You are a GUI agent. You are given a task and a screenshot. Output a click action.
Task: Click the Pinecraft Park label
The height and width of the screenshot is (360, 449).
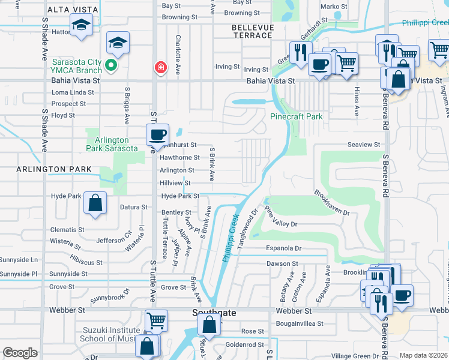coord(297,116)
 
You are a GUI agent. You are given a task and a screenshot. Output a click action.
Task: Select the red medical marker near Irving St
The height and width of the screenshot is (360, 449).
coord(160,67)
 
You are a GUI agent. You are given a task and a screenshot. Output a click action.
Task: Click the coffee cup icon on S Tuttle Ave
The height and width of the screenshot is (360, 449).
coord(158,134)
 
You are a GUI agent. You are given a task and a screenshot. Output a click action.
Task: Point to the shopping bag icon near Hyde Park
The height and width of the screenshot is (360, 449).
coord(95,203)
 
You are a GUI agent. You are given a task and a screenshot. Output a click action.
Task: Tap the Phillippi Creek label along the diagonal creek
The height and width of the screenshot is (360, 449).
coord(231,238)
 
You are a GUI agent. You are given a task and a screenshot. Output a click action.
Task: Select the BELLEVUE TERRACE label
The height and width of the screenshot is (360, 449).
coord(253,31)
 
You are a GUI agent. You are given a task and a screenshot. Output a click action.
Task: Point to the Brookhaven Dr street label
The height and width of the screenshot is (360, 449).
coord(331,203)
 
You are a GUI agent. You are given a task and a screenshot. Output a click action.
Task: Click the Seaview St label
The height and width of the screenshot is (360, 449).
coord(364,145)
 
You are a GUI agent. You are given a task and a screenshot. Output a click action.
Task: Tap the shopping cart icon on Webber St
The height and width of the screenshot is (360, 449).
coord(157,322)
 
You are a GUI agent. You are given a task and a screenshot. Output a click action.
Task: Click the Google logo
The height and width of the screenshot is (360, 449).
coord(20,353)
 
